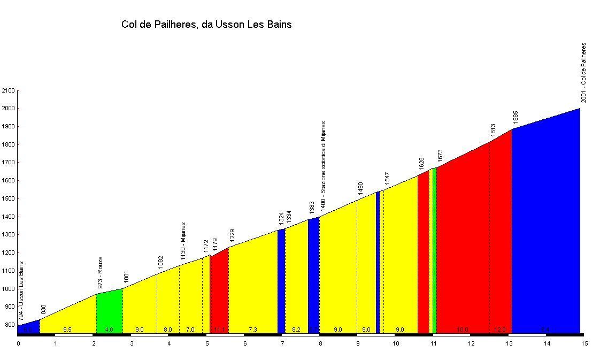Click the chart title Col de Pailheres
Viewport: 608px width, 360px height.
pos(206,25)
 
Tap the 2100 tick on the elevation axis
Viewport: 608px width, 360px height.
pos(9,91)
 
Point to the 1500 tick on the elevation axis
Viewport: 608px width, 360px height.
pos(9,199)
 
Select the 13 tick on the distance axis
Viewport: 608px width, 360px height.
pos(509,343)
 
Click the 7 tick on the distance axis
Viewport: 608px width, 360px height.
pos(282,343)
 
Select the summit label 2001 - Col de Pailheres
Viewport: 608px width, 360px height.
pos(583,73)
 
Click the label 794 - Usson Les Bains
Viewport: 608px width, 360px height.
pos(21,291)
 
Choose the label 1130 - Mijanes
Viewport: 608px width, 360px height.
pos(183,241)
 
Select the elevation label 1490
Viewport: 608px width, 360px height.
pos(360,189)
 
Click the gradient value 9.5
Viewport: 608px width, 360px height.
pos(67,330)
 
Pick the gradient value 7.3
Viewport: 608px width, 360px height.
pos(253,330)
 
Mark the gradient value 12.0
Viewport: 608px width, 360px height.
pos(500,330)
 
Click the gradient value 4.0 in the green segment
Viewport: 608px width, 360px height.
pos(109,330)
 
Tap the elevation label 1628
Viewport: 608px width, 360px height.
pos(421,164)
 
